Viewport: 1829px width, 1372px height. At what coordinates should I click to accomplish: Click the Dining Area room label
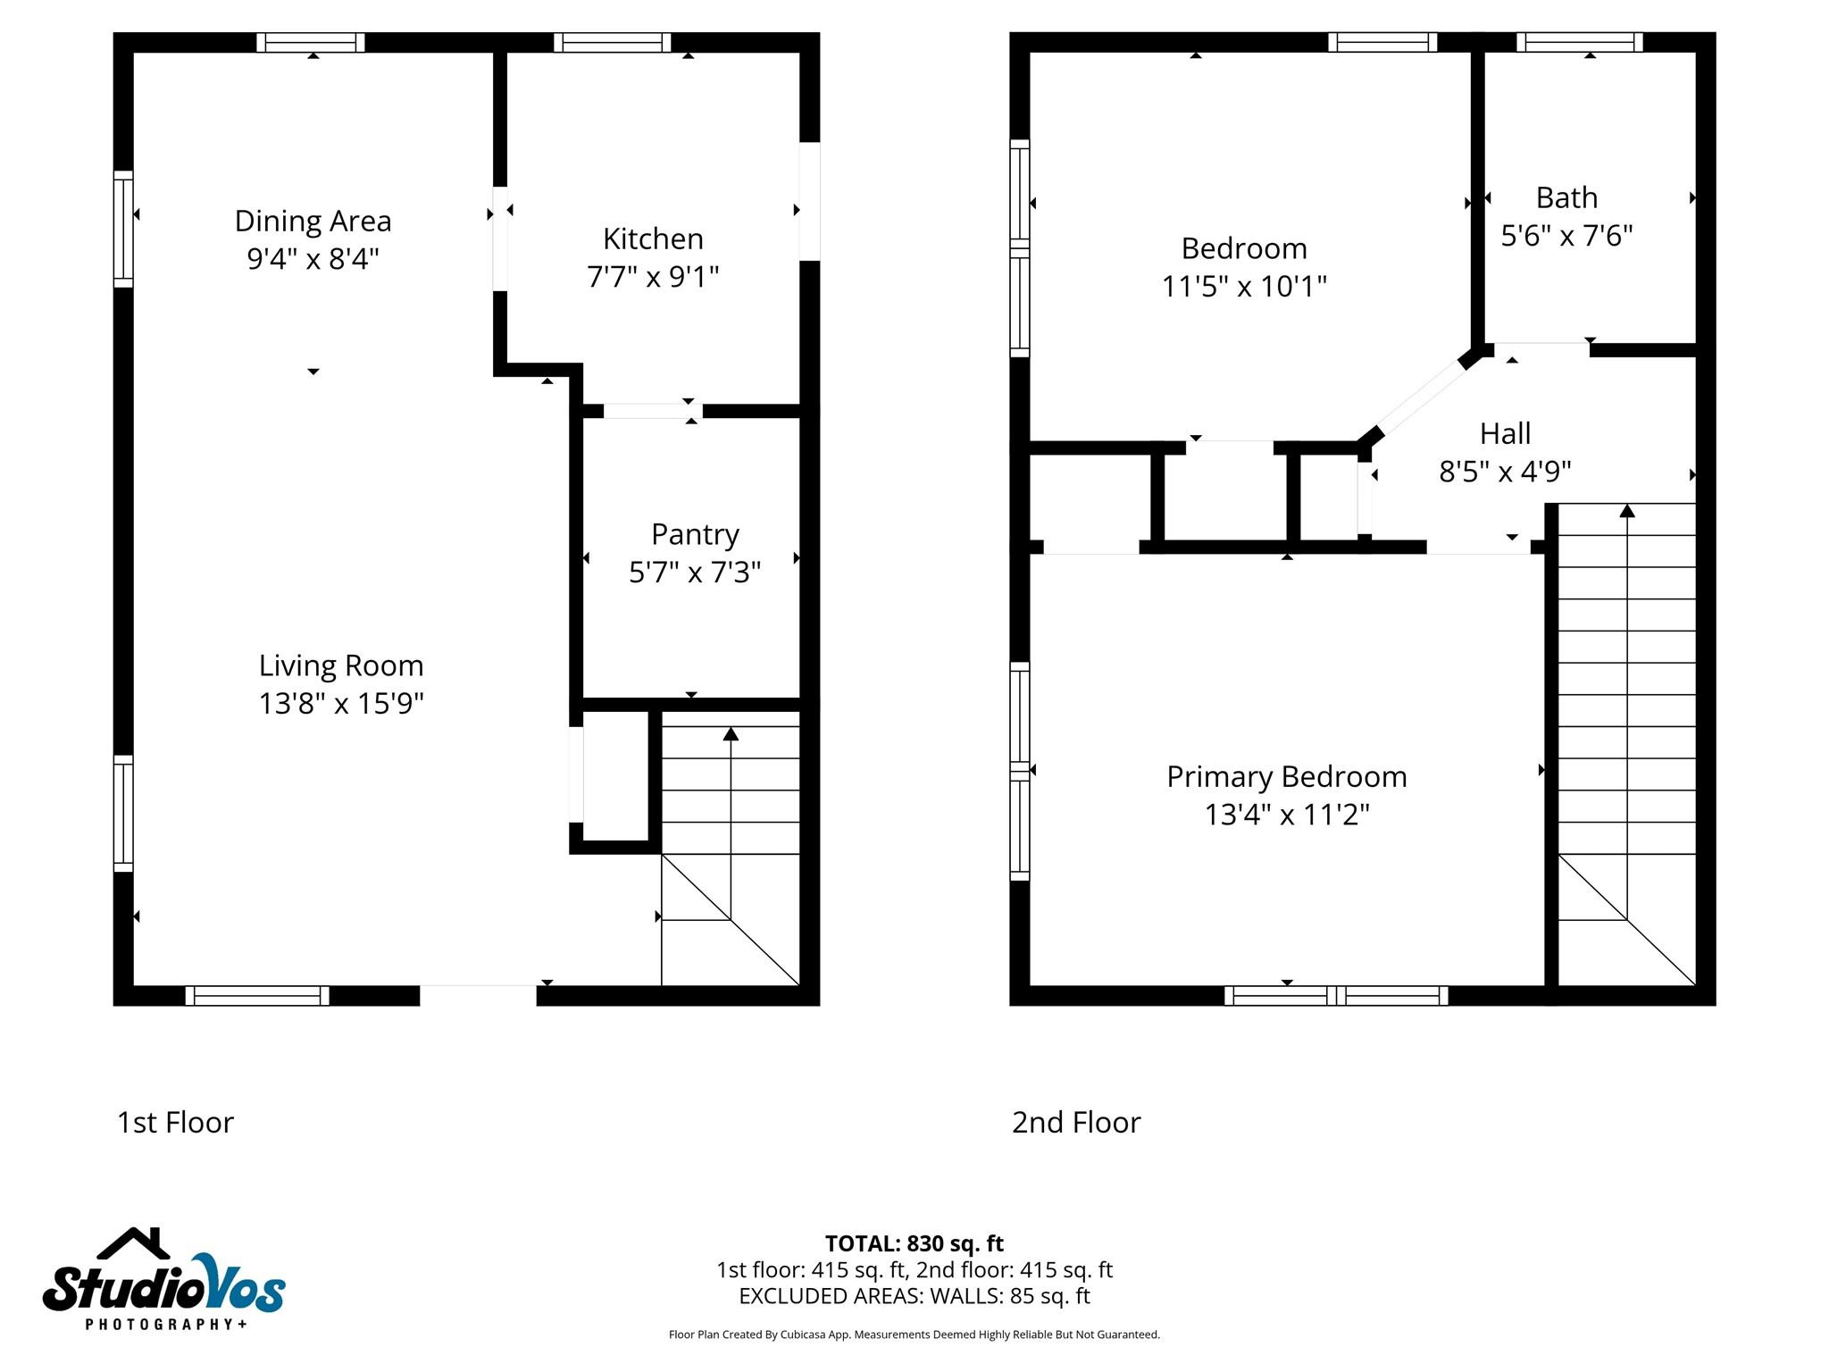tap(313, 221)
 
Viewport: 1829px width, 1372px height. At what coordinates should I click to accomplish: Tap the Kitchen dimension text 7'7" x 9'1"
tap(653, 277)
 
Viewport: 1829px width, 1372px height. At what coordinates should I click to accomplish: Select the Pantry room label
tap(695, 535)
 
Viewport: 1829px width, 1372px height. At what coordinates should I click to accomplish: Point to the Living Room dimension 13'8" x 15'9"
tap(341, 704)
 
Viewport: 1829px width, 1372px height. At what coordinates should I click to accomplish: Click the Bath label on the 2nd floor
tap(1566, 197)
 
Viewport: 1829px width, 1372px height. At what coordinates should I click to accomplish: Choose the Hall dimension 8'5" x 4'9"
tap(1505, 472)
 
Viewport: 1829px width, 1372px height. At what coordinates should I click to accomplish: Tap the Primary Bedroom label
tap(1287, 777)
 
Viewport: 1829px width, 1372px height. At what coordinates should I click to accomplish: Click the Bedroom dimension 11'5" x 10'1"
tap(1244, 287)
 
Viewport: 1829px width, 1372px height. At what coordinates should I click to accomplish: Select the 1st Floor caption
tap(175, 1123)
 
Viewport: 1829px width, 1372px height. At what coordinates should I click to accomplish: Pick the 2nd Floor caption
tap(1076, 1123)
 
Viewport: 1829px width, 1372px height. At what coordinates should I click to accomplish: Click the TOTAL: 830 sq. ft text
tap(914, 1243)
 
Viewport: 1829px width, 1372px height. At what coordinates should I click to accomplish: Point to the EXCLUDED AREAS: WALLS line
tap(914, 1296)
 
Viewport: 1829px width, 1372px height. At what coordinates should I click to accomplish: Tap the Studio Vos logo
tap(164, 1279)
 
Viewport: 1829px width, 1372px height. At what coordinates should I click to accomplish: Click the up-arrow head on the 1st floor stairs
tap(731, 733)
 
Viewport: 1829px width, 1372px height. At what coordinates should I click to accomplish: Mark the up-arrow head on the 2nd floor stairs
tap(1627, 510)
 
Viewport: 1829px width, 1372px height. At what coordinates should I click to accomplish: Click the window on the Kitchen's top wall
tap(612, 42)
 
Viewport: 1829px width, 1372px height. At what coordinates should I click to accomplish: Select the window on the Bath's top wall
tap(1580, 42)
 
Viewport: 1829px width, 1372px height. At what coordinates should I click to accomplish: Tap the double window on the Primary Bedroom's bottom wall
tap(1336, 996)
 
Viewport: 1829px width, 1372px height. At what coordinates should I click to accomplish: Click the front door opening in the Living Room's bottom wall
tap(478, 995)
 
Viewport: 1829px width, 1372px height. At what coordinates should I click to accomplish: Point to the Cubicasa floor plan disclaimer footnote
tap(914, 1334)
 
